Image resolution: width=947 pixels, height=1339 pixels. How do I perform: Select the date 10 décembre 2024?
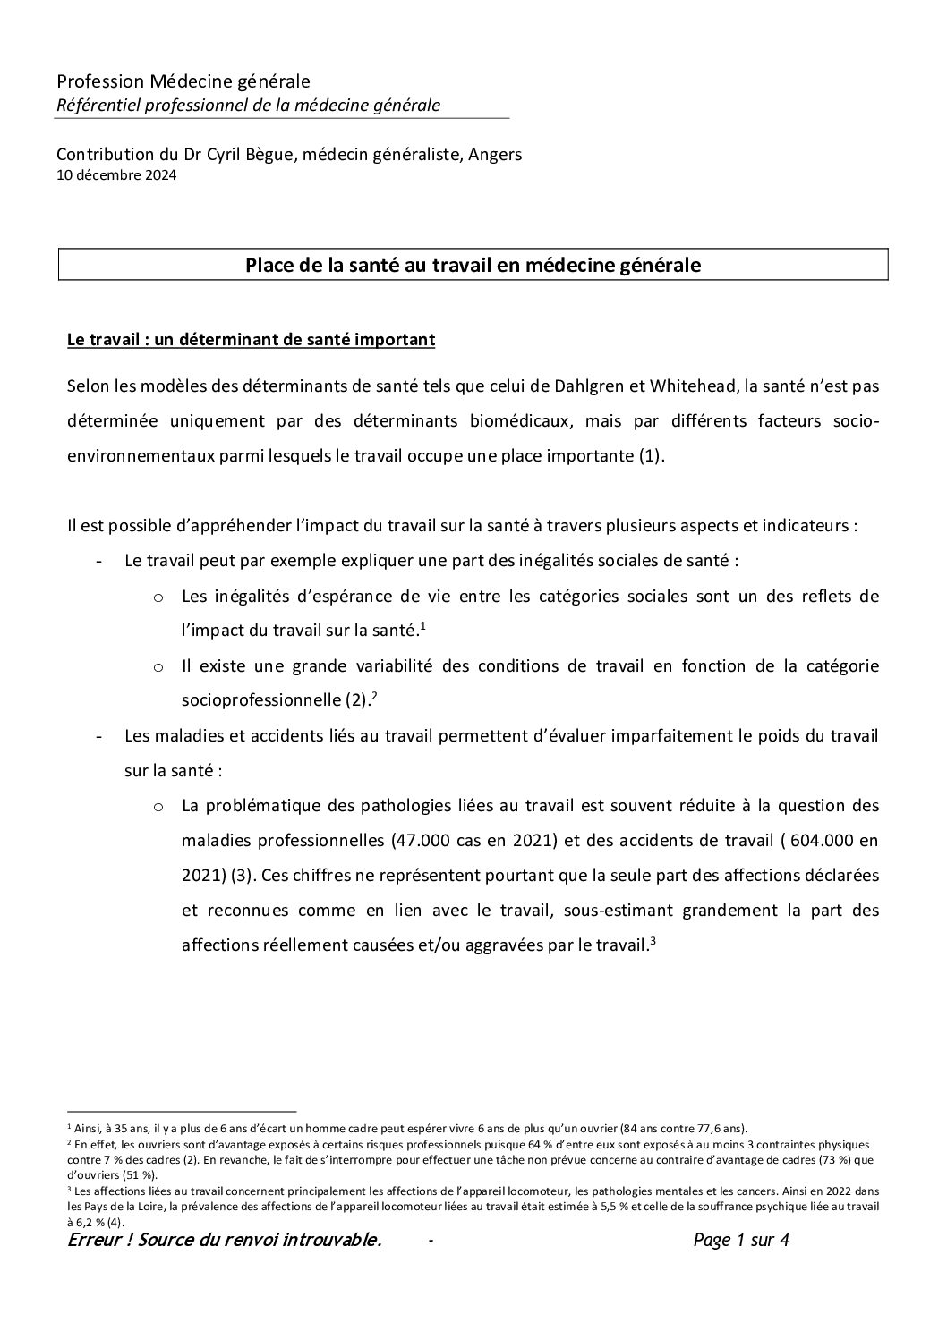[115, 175]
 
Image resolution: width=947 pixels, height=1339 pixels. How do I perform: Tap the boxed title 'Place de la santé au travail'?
[473, 266]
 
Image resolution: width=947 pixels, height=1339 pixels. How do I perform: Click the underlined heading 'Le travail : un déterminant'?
[251, 340]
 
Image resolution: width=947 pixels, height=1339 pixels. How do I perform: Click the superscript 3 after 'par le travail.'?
[654, 940]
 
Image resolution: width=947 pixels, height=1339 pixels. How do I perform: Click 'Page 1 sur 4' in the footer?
[740, 1241]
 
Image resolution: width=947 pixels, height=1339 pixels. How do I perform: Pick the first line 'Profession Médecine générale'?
[183, 82]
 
